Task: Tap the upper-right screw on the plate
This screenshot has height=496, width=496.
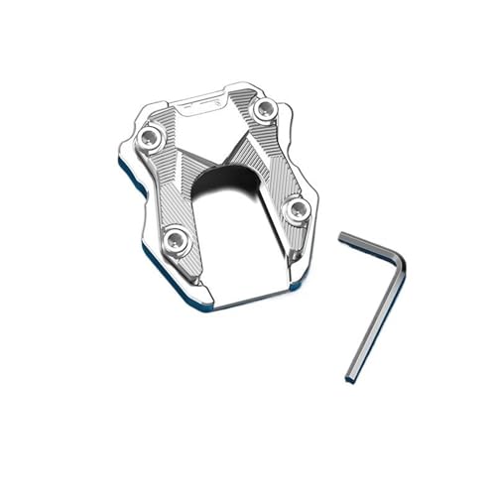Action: [x=264, y=111]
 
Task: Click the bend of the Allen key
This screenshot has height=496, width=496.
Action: [x=397, y=260]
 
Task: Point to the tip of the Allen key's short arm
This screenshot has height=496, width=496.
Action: [x=342, y=236]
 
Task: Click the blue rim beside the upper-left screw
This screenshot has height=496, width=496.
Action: [x=126, y=149]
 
